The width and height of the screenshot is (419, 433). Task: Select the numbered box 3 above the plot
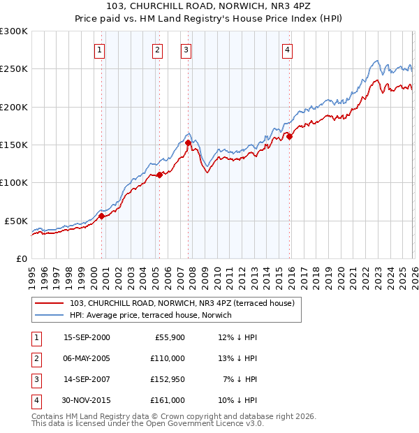pyautogui.click(x=186, y=50)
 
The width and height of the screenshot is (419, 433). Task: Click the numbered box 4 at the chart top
pyautogui.click(x=287, y=50)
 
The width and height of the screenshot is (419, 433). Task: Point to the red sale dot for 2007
pyautogui.click(x=188, y=142)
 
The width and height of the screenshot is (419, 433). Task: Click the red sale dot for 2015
pyautogui.click(x=289, y=137)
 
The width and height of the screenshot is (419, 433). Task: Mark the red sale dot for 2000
pyautogui.click(x=102, y=216)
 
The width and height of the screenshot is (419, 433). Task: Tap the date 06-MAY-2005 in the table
pyautogui.click(x=87, y=358)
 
